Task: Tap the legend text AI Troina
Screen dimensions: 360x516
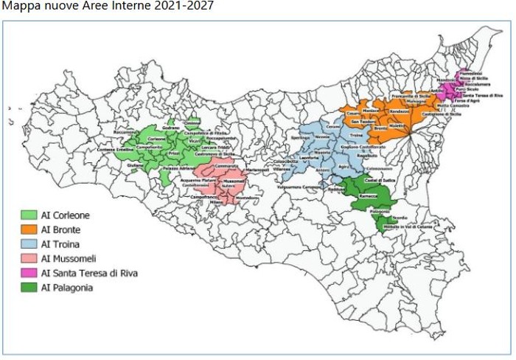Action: tap(63, 244)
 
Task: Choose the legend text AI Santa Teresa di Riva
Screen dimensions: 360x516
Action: tap(91, 273)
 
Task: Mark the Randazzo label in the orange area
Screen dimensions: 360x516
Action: tap(399, 111)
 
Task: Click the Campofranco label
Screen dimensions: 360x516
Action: tap(198, 198)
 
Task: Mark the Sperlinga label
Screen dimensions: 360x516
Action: tap(300, 138)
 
